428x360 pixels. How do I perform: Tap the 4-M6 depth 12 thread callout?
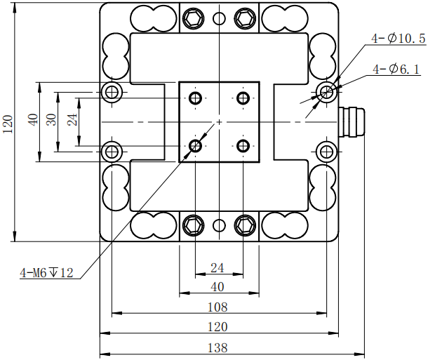pyautogui.click(x=47, y=273)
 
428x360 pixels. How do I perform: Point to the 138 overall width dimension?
pyautogui.click(x=218, y=347)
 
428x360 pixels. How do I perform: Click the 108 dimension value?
pyautogui.click(x=218, y=307)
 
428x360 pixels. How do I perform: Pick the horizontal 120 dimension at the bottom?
pyautogui.click(x=218, y=327)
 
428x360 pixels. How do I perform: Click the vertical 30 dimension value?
pyautogui.click(x=51, y=120)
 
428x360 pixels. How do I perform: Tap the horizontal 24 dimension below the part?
pyautogui.click(x=218, y=267)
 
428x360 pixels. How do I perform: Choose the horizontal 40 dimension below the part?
pyautogui.click(x=218, y=286)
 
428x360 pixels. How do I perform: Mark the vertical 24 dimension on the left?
pyautogui.click(x=72, y=120)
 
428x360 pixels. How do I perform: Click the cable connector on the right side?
pyautogui.click(x=352, y=122)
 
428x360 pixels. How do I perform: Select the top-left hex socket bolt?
pyautogui.click(x=193, y=18)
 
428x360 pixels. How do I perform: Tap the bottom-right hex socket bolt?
pyautogui.click(x=245, y=225)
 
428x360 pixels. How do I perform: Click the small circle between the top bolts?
pyautogui.click(x=220, y=18)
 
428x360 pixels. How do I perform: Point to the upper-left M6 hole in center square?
pyautogui.click(x=195, y=98)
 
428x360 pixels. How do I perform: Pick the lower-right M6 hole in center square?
pyautogui.click(x=243, y=146)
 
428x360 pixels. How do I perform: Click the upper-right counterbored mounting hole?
pyautogui.click(x=326, y=91)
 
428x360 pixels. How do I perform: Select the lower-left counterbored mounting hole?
pyautogui.click(x=112, y=150)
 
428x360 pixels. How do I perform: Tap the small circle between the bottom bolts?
pyautogui.click(x=220, y=225)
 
